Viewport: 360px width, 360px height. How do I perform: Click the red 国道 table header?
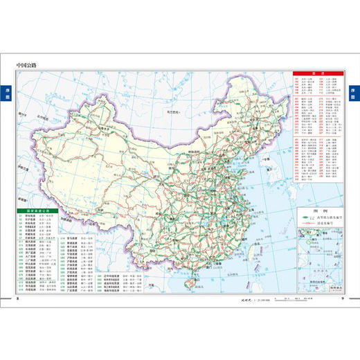[x=318, y=71]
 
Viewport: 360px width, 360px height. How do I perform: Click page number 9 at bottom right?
[x=342, y=299]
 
